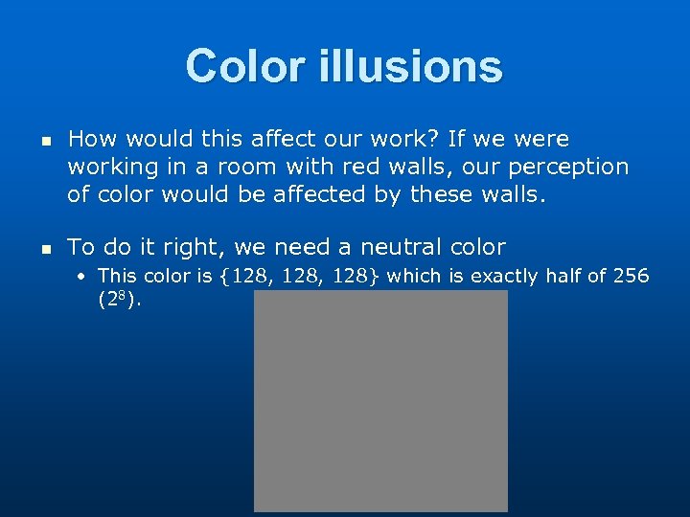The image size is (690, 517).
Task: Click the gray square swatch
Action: pyautogui.click(x=380, y=400)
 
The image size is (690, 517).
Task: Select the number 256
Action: pyautogui.click(x=630, y=276)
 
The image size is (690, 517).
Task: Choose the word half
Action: pyautogui.click(x=563, y=276)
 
